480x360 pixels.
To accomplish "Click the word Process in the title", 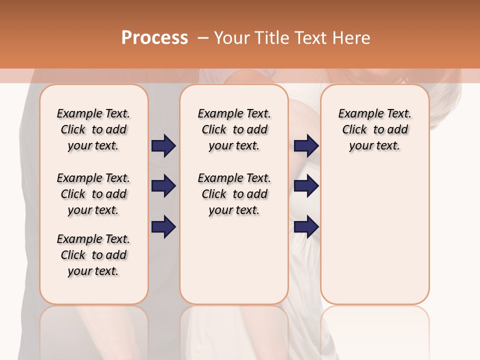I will pos(154,38).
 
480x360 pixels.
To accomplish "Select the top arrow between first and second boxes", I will pos(163,145).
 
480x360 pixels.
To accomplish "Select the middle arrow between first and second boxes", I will pos(163,186).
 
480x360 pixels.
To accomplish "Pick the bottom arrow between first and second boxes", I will pos(163,227).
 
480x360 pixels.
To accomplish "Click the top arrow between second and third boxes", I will pos(306,145).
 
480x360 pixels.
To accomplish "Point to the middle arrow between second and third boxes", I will pos(306,186).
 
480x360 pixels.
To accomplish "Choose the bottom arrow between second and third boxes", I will pos(306,227).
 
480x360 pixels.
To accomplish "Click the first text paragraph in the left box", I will pos(93,129).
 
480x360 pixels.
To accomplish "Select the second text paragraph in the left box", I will pos(93,194).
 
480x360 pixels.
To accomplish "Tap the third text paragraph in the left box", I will pos(93,255).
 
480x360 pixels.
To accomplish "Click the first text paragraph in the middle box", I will pos(234,129).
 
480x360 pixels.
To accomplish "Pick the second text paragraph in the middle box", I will pos(234,194).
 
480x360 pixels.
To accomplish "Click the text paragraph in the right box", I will pos(375,129).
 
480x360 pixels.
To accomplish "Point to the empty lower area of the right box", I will pos(375,235).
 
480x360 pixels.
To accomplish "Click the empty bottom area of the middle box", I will pos(234,265).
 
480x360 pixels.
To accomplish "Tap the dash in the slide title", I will pos(202,38).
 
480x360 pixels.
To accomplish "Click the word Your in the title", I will pos(231,38).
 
